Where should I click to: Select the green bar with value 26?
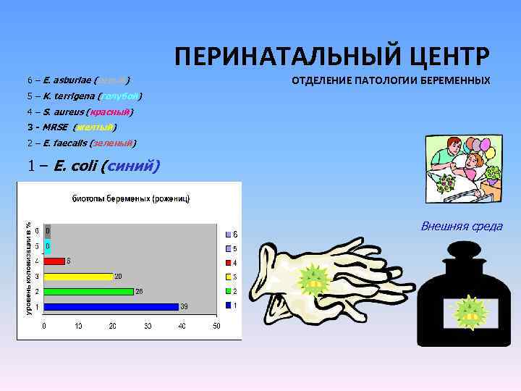point(89,291)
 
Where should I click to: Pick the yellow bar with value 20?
point(78,276)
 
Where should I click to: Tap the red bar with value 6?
point(54,261)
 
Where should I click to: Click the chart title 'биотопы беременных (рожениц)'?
point(130,198)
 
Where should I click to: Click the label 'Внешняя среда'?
point(462,227)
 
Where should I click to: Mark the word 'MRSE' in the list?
point(56,127)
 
